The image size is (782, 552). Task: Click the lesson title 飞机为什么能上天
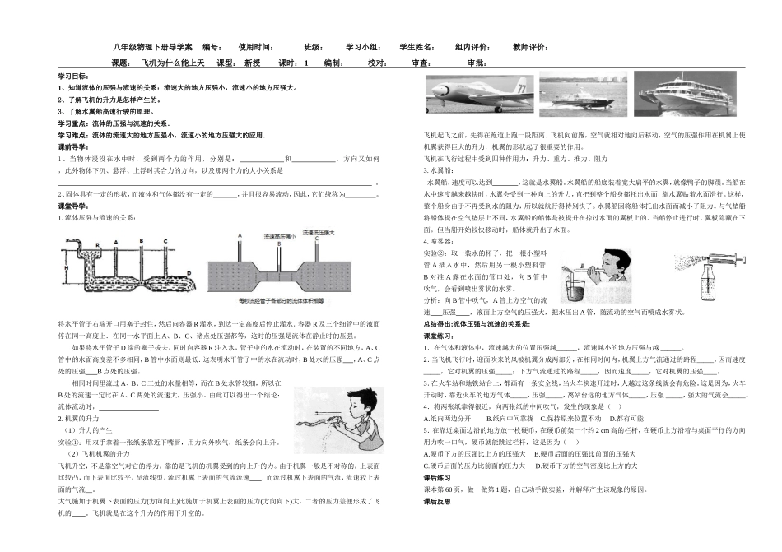pos(173,63)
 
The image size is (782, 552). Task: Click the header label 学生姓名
pos(419,47)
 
